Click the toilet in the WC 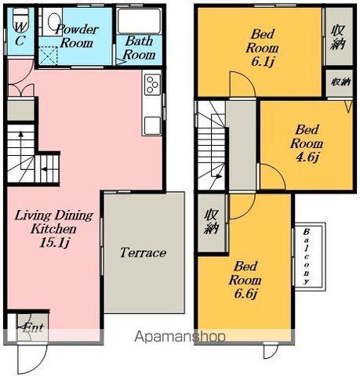(20, 15)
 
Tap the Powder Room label (77, 36)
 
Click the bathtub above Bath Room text (138, 21)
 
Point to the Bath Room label (139, 48)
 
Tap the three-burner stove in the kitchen (152, 84)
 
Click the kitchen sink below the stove (152, 125)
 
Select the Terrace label (143, 252)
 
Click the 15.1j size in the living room (54, 244)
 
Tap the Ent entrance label (33, 327)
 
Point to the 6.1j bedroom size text (262, 62)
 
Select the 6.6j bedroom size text (245, 294)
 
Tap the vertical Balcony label (307, 257)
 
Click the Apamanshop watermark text (180, 336)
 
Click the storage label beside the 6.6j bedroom (211, 222)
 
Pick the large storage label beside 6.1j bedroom (338, 38)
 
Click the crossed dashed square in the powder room (48, 55)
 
